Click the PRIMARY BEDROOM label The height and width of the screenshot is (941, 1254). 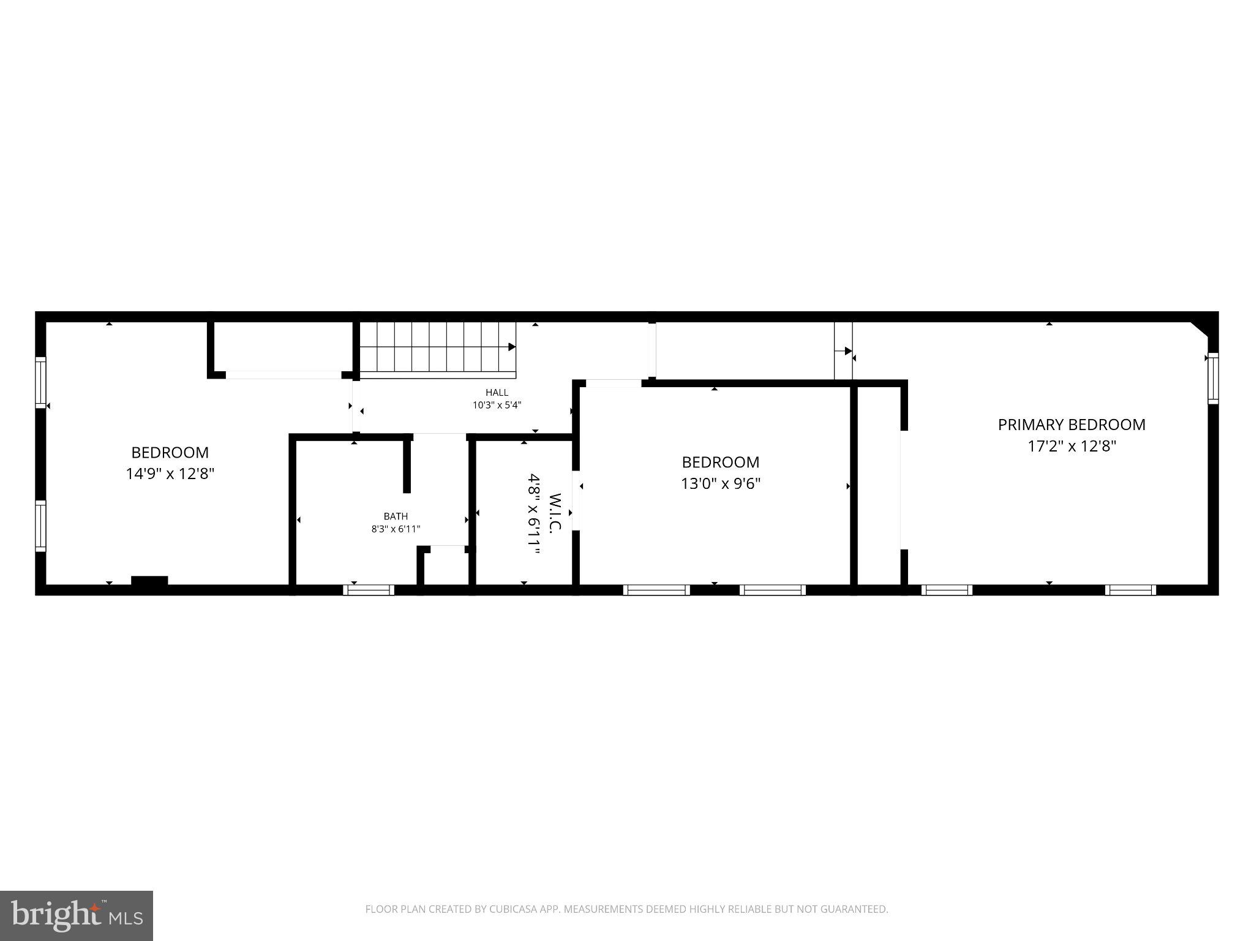pyautogui.click(x=1072, y=425)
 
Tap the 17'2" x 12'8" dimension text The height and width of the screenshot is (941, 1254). pyautogui.click(x=1072, y=447)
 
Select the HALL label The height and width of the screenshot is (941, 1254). pyautogui.click(x=497, y=393)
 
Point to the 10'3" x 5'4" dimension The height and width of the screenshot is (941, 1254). pyautogui.click(x=497, y=405)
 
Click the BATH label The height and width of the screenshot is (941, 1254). pyautogui.click(x=396, y=516)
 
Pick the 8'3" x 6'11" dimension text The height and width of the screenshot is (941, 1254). pyautogui.click(x=396, y=529)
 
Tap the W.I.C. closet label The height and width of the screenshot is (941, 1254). pyautogui.click(x=555, y=513)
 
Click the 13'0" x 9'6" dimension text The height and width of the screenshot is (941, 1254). pyautogui.click(x=721, y=484)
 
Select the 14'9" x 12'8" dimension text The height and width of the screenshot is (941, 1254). pyautogui.click(x=170, y=474)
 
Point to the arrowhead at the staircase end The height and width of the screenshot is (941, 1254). pyautogui.click(x=512, y=347)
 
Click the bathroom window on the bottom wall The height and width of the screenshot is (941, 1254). pyautogui.click(x=369, y=590)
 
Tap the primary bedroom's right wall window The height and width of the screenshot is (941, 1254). pyautogui.click(x=1212, y=379)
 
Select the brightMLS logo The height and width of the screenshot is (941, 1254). pyautogui.click(x=77, y=915)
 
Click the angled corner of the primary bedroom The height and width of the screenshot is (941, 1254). pyautogui.click(x=1200, y=328)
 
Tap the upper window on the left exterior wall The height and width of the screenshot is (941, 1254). pyautogui.click(x=40, y=382)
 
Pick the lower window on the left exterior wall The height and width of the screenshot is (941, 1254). pyautogui.click(x=40, y=526)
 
